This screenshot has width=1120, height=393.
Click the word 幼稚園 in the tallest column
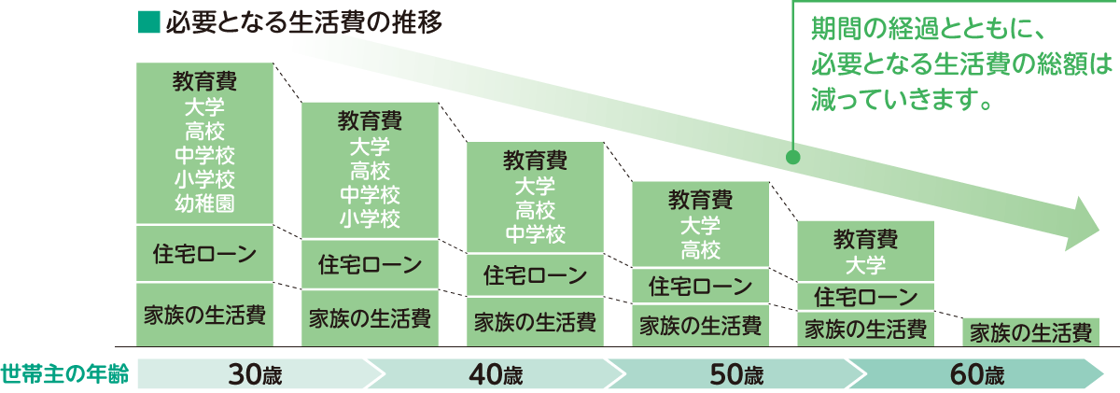[204, 201]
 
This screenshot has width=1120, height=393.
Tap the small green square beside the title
[147, 21]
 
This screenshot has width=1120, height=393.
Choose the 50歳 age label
[736, 375]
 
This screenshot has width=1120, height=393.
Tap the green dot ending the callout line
[792, 157]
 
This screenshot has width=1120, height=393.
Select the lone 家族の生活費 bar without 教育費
[1029, 331]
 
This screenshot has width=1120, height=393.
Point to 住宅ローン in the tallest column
[204, 253]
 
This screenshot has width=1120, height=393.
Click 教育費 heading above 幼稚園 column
[204, 80]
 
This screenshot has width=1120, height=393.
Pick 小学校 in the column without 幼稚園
[370, 219]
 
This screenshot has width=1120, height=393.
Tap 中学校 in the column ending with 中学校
[535, 232]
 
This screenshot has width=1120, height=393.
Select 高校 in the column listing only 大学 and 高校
[701, 249]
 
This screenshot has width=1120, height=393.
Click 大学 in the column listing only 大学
[865, 264]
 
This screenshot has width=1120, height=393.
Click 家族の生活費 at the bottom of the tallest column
[204, 314]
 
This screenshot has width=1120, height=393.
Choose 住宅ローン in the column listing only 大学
[865, 298]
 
